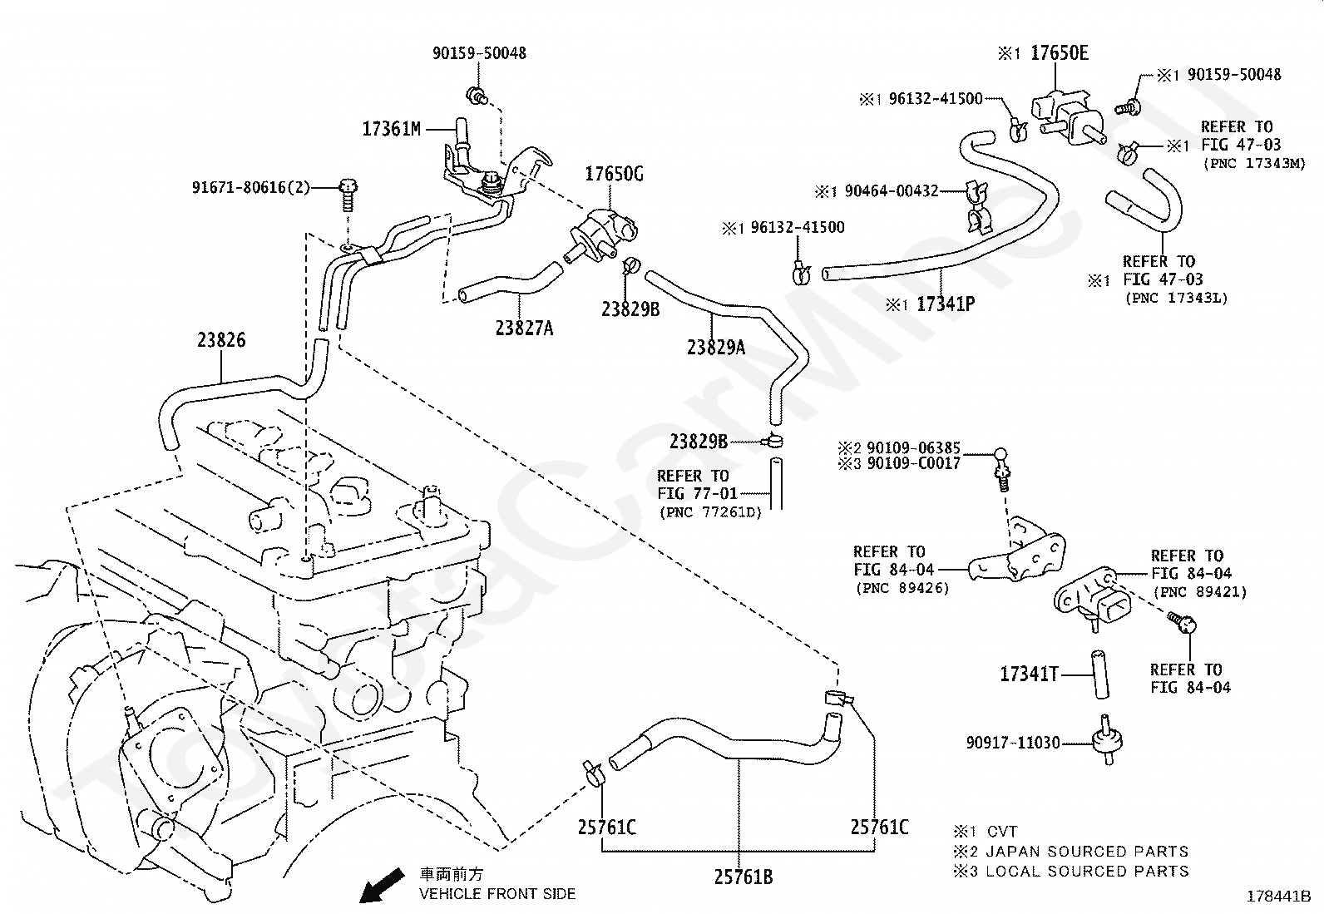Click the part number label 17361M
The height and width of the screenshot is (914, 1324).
391,129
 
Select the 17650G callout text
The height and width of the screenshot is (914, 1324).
614,174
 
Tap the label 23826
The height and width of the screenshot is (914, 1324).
221,340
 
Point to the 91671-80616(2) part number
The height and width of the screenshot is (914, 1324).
251,187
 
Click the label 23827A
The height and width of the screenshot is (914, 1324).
524,329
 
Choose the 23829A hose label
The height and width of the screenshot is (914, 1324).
716,347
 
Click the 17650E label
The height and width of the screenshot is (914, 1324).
1060,53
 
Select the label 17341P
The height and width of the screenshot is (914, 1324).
946,304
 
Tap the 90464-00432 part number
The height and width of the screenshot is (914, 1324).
892,191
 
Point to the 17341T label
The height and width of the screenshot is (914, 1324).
1029,674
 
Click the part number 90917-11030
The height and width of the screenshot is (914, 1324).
1013,743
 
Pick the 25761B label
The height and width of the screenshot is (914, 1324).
744,877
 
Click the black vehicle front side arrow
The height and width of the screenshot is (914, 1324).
381,885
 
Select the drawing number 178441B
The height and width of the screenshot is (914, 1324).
1278,897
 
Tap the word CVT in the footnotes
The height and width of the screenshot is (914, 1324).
1002,832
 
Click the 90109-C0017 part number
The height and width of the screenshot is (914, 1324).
914,463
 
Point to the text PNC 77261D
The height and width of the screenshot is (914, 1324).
710,512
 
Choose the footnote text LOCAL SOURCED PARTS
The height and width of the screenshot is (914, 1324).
1088,872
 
